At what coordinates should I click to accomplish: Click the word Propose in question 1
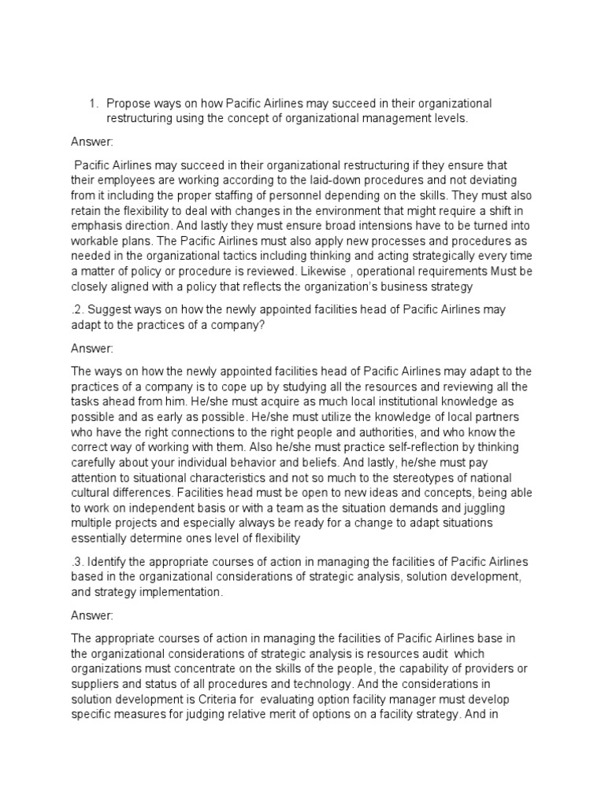[x=128, y=104]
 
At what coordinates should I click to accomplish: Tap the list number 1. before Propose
[x=92, y=104]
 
